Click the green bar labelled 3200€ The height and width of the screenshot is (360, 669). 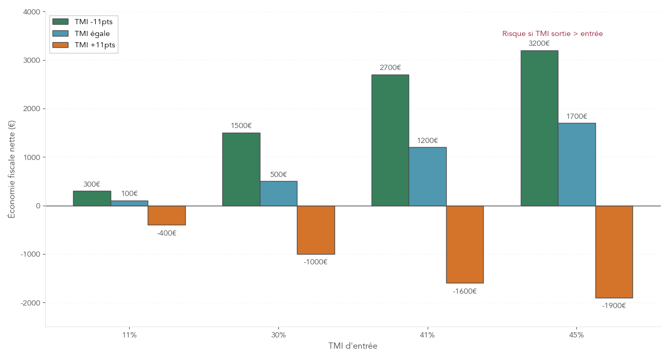539,128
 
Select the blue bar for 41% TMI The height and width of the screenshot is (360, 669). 428,176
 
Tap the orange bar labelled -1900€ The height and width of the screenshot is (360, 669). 614,251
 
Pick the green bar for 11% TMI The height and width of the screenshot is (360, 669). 92,198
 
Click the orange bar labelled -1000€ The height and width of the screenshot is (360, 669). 316,230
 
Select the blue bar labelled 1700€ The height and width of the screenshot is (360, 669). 577,164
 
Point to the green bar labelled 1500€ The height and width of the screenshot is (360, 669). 241,169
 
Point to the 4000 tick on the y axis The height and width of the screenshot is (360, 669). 32,12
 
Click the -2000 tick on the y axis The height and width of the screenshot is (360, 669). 30,303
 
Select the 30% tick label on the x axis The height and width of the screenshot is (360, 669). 278,335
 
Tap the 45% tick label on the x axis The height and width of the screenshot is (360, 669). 576,335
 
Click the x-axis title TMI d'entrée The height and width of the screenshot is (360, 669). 353,346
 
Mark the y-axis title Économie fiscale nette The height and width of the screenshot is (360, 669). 12,169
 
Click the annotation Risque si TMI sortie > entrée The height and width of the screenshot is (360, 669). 552,33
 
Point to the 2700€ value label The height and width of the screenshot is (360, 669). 390,67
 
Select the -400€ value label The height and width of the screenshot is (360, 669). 166,233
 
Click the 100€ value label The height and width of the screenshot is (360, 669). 129,193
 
